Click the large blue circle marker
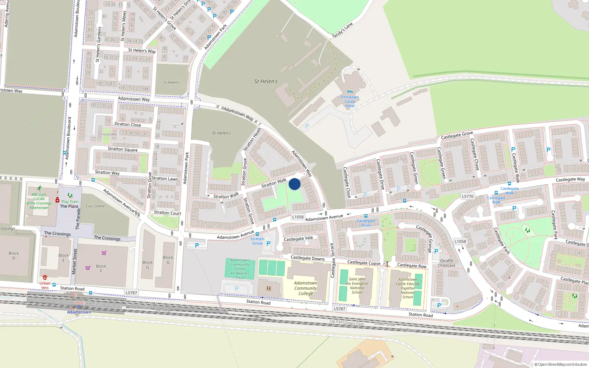(x=294, y=184)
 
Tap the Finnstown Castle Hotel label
(x=350, y=102)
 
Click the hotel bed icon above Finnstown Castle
(x=350, y=91)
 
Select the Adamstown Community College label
(x=306, y=288)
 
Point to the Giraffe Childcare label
(x=447, y=263)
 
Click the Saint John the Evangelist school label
(x=357, y=286)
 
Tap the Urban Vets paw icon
(x=45, y=277)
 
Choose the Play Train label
(x=70, y=202)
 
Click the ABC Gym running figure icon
(x=39, y=188)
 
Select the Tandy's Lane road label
(x=342, y=30)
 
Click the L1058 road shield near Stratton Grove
(x=298, y=217)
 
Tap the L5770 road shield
(x=468, y=197)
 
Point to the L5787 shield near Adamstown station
(x=131, y=293)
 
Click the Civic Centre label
(x=95, y=206)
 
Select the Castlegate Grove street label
(x=457, y=135)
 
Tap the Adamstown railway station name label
(x=79, y=312)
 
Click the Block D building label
(x=14, y=255)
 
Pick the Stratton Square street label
(x=123, y=149)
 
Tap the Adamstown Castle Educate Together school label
(x=408, y=288)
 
